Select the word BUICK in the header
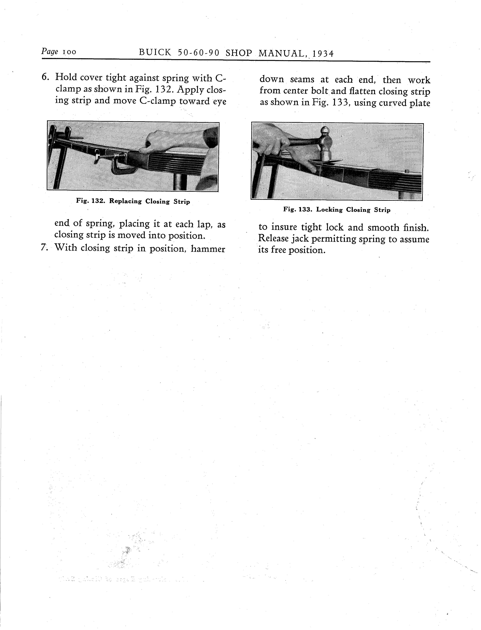(155, 53)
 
